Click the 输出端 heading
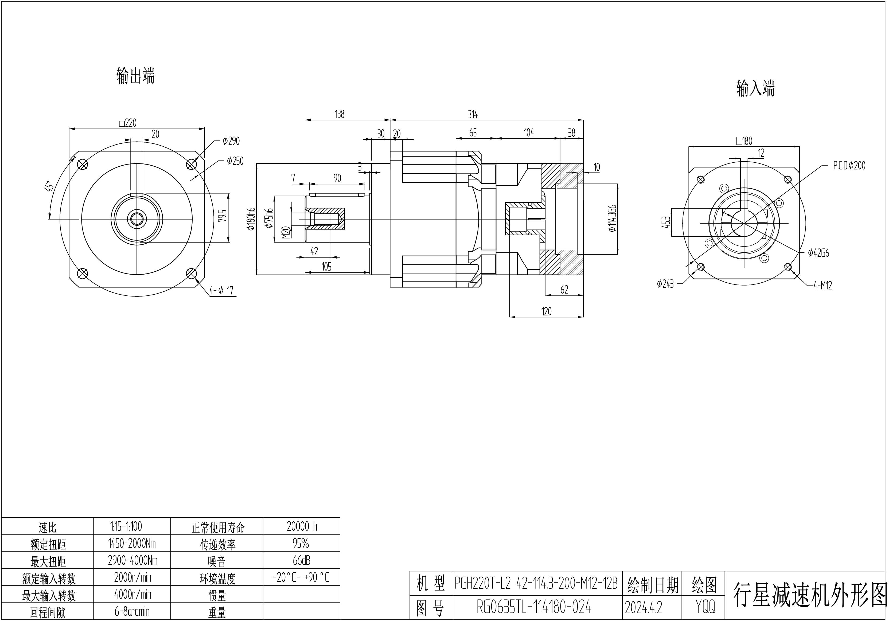coord(135,76)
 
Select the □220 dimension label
coord(128,123)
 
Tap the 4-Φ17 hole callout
coord(221,290)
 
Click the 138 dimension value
coord(340,115)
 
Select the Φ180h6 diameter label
coord(251,219)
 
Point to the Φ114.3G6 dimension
coord(613,218)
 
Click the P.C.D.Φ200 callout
coord(849,166)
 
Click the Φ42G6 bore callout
coord(818,253)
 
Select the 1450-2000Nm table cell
coord(132,544)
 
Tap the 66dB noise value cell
coord(301,561)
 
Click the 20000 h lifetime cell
coord(302,526)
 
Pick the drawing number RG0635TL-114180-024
coord(534,607)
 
